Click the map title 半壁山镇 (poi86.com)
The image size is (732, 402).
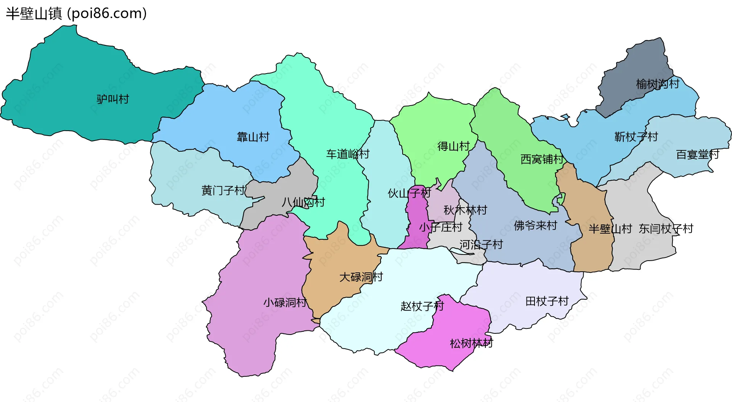(76, 14)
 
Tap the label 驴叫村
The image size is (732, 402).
(113, 99)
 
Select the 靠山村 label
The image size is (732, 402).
(253, 137)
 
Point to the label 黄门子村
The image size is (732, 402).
(223, 191)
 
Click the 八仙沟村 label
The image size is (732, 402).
(303, 202)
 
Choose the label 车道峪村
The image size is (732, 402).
(348, 154)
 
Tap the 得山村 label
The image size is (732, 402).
(454, 146)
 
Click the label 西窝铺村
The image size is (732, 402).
(542, 159)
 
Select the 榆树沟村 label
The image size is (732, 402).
(658, 84)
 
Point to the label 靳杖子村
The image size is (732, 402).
(636, 137)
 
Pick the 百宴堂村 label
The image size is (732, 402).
(698, 155)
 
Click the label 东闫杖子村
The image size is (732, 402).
(666, 229)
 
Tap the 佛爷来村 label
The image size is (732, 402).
(536, 226)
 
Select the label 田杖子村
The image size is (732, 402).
(547, 301)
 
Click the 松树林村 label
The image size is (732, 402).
(472, 344)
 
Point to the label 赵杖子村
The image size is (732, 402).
(422, 306)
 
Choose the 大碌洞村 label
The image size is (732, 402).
(361, 277)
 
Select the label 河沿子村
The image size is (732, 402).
(481, 245)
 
